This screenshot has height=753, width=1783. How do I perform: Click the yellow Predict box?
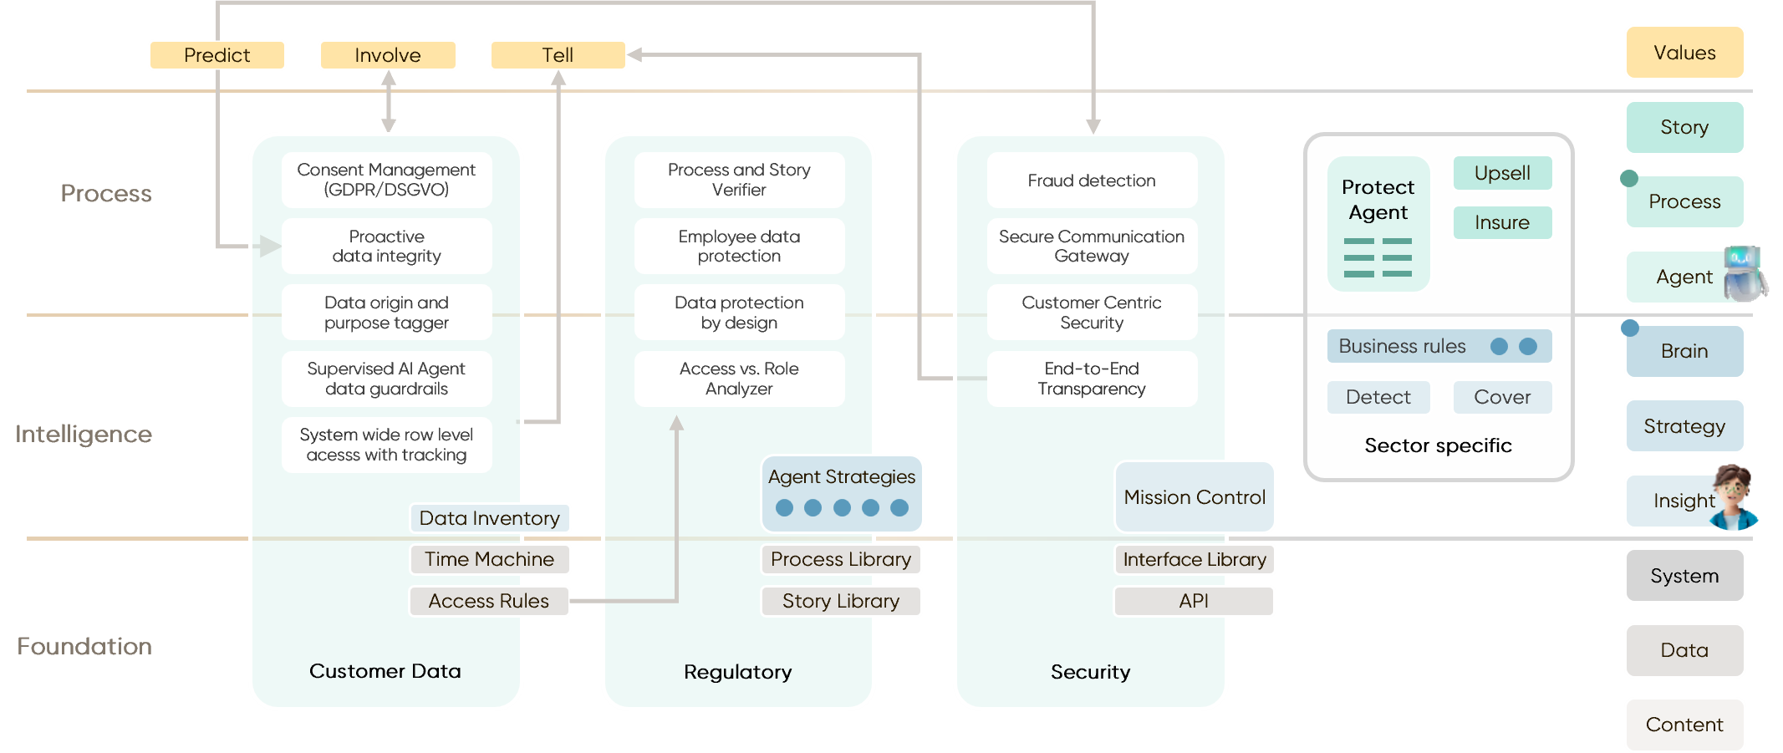coord(217,55)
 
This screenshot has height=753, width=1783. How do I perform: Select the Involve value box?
coord(388,55)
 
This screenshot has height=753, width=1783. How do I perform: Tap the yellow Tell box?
coord(558,55)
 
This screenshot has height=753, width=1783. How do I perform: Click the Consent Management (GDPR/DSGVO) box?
coord(386,180)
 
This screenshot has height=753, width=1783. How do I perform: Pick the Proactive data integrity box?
coord(386,247)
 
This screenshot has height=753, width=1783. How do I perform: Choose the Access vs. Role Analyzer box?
coord(739,379)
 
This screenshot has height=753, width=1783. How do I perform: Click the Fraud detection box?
coord(1092,181)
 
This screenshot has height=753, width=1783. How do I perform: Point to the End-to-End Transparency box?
coord(1092,379)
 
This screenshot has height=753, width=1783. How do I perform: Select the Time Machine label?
coord(490,559)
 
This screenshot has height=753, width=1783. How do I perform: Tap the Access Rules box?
coord(489,601)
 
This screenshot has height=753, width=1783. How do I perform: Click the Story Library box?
coord(841,601)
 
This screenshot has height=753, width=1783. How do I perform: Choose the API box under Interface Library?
coord(1194,601)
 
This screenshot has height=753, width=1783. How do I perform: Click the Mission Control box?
coord(1195,497)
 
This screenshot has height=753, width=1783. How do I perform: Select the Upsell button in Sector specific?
coord(1502,173)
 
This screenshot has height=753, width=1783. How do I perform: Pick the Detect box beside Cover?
coord(1378,397)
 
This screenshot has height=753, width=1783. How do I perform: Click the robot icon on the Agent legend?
coord(1744,274)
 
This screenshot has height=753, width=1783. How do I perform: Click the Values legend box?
coord(1684,53)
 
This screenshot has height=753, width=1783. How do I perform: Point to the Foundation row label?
coord(84,646)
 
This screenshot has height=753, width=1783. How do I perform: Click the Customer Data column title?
coord(385,671)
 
